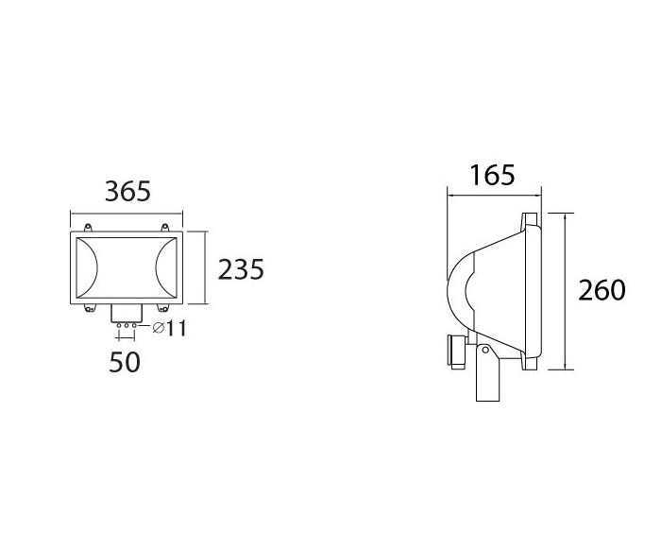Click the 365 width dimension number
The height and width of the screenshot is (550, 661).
(x=127, y=191)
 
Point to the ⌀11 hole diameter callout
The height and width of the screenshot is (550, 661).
(x=167, y=328)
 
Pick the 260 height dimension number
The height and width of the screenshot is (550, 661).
(x=602, y=290)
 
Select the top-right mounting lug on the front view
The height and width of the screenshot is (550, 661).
(x=165, y=227)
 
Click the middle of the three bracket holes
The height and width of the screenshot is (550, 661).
(x=127, y=325)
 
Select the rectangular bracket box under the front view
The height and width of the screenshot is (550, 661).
(x=127, y=315)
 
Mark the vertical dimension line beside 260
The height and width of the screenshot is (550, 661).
(x=565, y=290)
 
